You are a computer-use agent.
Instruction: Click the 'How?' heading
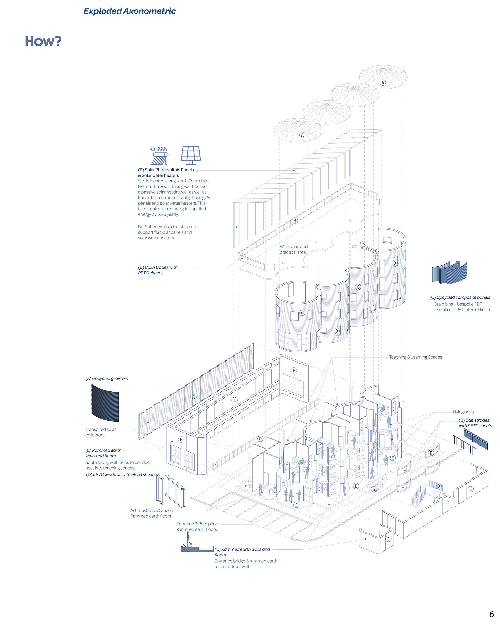43,41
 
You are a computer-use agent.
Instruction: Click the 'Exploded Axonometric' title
129,11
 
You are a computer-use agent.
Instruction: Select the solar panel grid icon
191,154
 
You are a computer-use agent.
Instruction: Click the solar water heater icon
159,156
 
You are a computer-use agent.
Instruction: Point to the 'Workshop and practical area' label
293,249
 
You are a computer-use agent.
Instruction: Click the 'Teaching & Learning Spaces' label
415,357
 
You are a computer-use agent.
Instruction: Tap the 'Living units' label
463,412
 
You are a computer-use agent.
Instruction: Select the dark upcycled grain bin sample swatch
105,403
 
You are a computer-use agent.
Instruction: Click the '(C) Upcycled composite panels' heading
460,297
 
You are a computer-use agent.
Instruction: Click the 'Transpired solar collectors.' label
100,432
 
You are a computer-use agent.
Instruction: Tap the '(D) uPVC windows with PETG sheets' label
121,474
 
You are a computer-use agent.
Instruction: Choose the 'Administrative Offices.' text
152,510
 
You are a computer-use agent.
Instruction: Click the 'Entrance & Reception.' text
198,524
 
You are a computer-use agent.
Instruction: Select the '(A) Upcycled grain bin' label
107,378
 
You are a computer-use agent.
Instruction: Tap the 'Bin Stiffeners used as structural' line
168,227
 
